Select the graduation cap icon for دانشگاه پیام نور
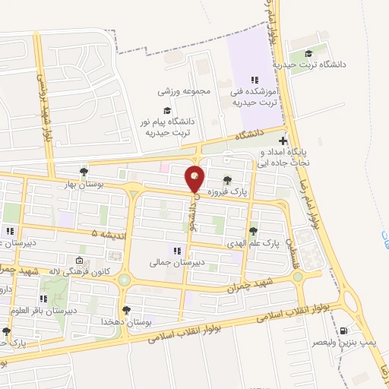166,110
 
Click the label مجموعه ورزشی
184,90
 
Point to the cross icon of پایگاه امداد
283,141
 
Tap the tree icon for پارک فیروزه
228,178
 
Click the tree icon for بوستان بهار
84,171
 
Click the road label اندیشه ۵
105,234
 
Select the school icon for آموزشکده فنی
255,80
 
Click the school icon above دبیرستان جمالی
176,249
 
